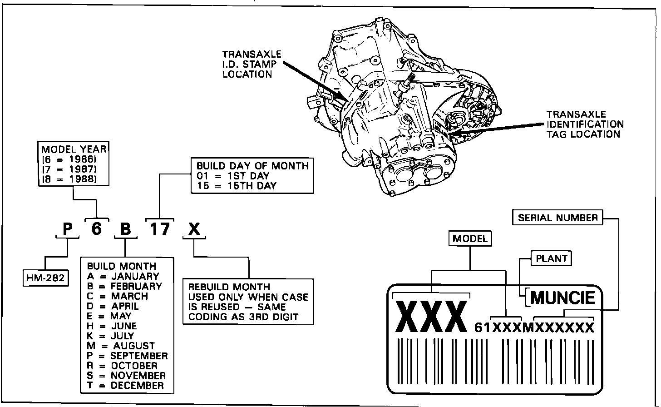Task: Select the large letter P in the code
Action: [68, 229]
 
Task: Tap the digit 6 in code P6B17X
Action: [96, 228]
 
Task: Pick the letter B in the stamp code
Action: [125, 229]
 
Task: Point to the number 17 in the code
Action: [160, 228]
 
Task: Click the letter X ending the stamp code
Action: [194, 229]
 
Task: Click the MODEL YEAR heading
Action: [74, 149]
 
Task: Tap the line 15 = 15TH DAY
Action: [236, 185]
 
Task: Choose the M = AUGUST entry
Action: [121, 346]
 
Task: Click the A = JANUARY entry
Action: [123, 276]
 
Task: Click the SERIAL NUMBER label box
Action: [558, 218]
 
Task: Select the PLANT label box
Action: [552, 258]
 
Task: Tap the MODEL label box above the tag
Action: [470, 238]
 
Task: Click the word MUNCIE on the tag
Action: [562, 298]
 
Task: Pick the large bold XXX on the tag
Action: [431, 317]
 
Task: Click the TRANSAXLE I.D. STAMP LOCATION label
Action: [252, 64]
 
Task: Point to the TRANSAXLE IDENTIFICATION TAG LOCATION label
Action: [585, 124]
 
